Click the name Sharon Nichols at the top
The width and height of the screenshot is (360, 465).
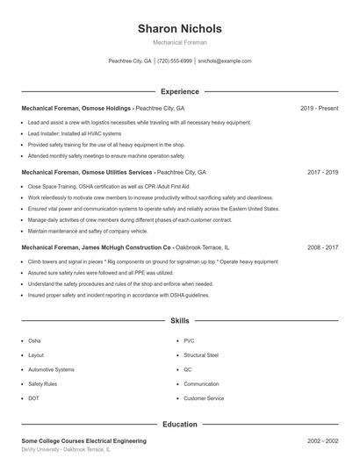pyautogui.click(x=179, y=28)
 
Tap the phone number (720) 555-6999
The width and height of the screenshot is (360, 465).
pyautogui.click(x=175, y=61)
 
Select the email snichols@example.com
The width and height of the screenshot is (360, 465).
pyautogui.click(x=225, y=61)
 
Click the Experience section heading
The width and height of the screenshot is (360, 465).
pyautogui.click(x=179, y=91)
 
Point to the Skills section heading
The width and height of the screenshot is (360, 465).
pyautogui.click(x=179, y=322)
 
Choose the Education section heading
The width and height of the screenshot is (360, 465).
pyautogui.click(x=179, y=425)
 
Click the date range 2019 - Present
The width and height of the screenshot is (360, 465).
pyautogui.click(x=319, y=108)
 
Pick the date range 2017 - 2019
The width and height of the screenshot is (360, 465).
pyautogui.click(x=322, y=173)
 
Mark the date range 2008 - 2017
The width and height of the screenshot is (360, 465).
pyautogui.click(x=322, y=248)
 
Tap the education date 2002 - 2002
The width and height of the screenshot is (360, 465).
pyautogui.click(x=322, y=440)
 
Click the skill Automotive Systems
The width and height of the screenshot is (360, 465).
pyautogui.click(x=51, y=369)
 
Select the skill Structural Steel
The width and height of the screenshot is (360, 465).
pyautogui.click(x=201, y=355)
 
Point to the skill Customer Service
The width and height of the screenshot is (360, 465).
pyautogui.click(x=204, y=398)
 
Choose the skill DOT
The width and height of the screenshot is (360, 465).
pyautogui.click(x=33, y=398)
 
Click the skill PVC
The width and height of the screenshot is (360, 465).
pyautogui.click(x=189, y=340)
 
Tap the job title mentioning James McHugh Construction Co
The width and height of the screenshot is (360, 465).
pyautogui.click(x=126, y=248)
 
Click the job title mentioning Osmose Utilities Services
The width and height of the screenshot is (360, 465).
pyautogui.click(x=113, y=173)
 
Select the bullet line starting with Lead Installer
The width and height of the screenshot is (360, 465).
pyautogui.click(x=75, y=133)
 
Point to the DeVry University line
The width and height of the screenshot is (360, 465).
pyautogui.click(x=66, y=449)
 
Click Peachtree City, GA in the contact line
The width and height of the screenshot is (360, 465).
pyautogui.click(x=129, y=61)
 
